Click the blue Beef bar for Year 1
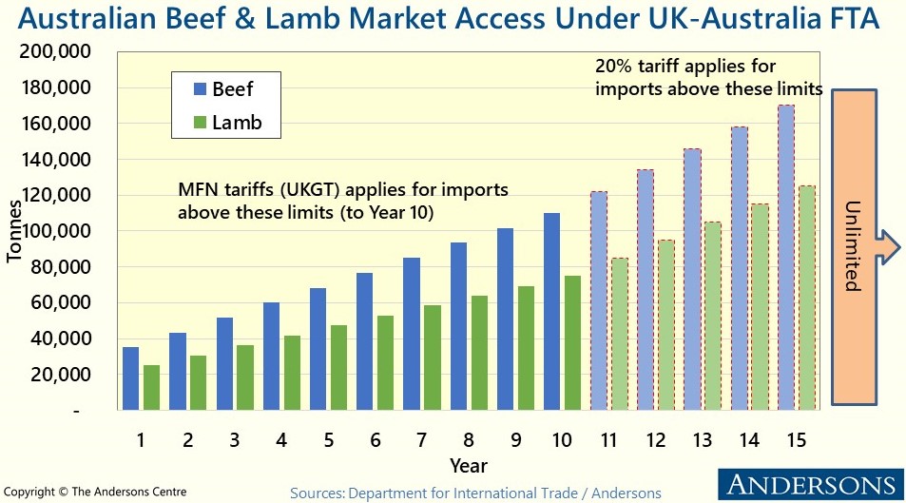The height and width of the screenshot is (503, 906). (130, 378)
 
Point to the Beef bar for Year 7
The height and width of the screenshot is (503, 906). (412, 333)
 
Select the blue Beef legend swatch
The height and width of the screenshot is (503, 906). (200, 90)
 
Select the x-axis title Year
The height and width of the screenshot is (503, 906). (469, 465)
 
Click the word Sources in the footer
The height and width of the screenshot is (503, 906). (317, 493)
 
